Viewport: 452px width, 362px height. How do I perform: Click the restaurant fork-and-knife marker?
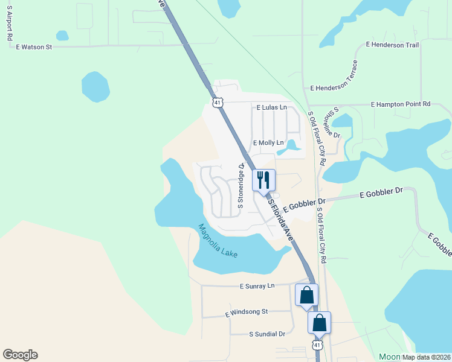pyautogui.click(x=263, y=180)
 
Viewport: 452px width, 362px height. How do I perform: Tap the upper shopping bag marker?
pyautogui.click(x=306, y=295)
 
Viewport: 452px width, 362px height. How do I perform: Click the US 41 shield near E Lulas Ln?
pyautogui.click(x=218, y=103)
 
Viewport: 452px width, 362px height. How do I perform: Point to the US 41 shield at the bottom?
pyautogui.click(x=317, y=345)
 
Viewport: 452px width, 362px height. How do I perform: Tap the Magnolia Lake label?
pyautogui.click(x=218, y=241)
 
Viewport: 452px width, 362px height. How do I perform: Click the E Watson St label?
pyautogui.click(x=34, y=46)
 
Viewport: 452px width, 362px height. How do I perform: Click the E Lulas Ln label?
pyautogui.click(x=271, y=107)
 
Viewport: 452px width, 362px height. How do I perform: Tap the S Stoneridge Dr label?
pyautogui.click(x=241, y=185)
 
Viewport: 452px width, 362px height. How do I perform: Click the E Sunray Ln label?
pyautogui.click(x=257, y=285)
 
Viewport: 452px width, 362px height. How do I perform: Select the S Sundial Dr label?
pyautogui.click(x=266, y=334)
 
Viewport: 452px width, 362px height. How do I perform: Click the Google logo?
pyautogui.click(x=20, y=355)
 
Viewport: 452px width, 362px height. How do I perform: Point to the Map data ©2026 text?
pyautogui.click(x=426, y=357)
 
